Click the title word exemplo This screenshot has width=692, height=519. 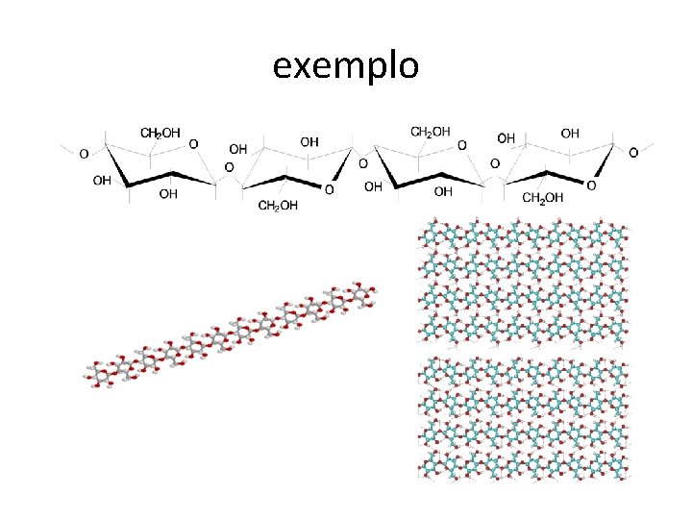345,66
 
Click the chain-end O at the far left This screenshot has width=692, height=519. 84,152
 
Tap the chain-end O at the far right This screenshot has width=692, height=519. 631,152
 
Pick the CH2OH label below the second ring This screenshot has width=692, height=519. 279,206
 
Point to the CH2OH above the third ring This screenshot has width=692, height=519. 431,132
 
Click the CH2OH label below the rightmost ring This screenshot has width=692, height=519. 543,199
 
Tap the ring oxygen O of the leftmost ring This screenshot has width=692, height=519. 193,144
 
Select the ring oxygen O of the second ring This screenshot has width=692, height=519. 329,190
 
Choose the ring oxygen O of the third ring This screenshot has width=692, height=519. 462,144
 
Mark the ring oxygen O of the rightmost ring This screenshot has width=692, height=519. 591,185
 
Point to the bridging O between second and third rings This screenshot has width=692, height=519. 360,163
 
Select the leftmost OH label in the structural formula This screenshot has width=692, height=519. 101,180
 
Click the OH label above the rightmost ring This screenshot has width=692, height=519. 570,134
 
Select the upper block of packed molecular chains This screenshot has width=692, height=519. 524,281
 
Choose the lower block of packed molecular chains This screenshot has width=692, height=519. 524,418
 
